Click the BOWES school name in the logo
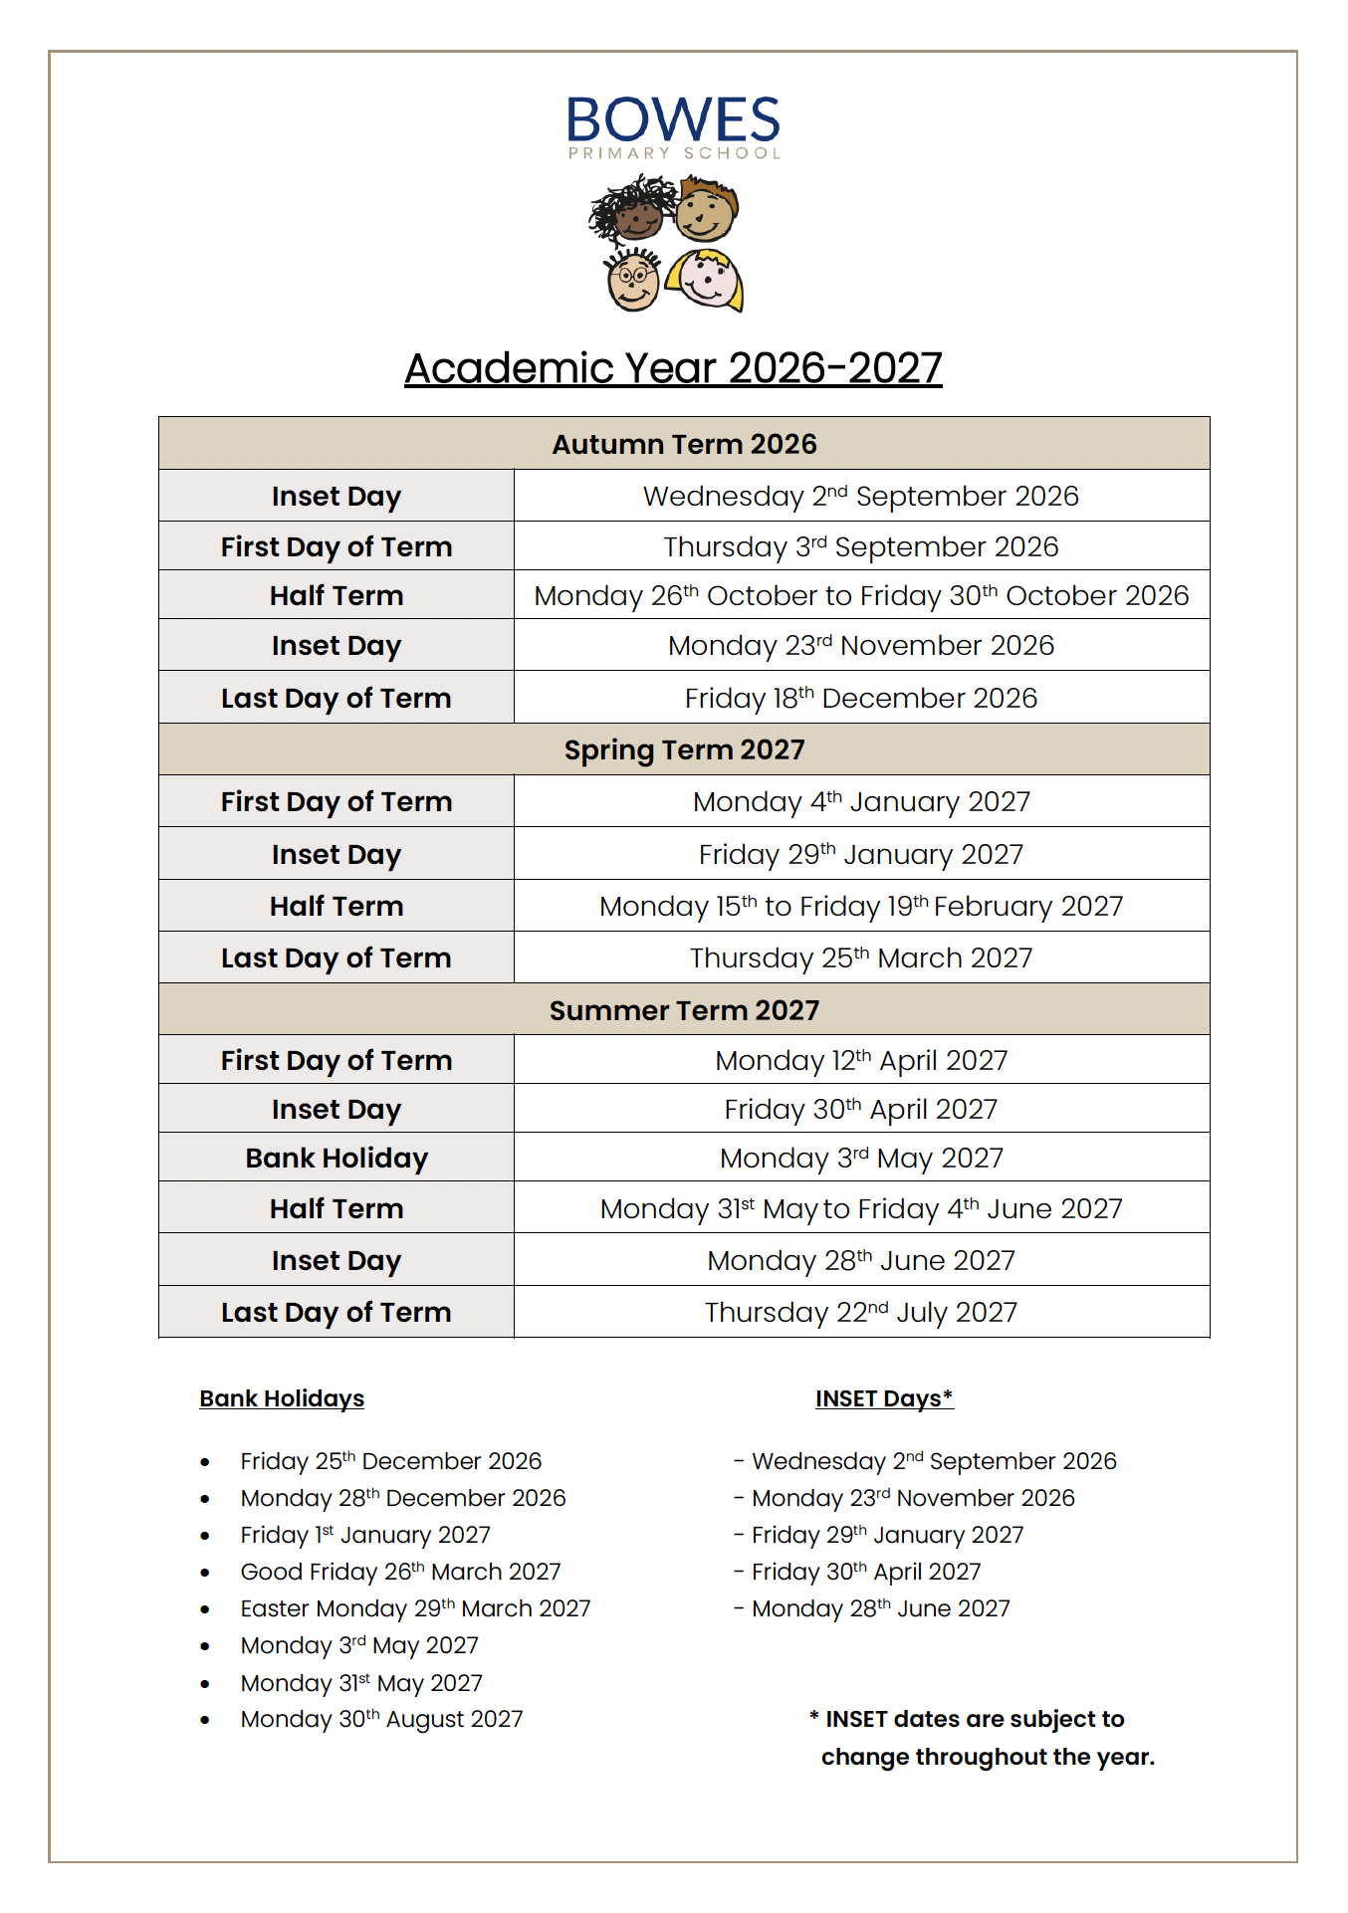pyautogui.click(x=673, y=120)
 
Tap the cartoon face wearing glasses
pyautogui.click(x=632, y=280)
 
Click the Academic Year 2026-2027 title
pyautogui.click(x=673, y=368)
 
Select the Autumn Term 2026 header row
pyautogui.click(x=684, y=444)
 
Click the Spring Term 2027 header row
pyautogui.click(x=684, y=749)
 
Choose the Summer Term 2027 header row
pyautogui.click(x=684, y=1010)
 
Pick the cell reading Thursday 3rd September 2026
pyautogui.click(x=861, y=546)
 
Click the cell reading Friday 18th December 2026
pyautogui.click(x=861, y=698)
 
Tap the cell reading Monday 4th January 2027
pyautogui.click(x=861, y=801)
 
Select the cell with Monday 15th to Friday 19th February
pyautogui.click(x=861, y=906)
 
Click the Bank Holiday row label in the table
pyautogui.click(x=337, y=1158)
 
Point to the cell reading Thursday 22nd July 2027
pyautogui.click(x=861, y=1312)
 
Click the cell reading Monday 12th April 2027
pyautogui.click(x=861, y=1060)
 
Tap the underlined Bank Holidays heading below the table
pyautogui.click(x=282, y=1398)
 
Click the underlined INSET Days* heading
pyautogui.click(x=884, y=1398)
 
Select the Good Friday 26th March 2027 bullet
pyautogui.click(x=400, y=1572)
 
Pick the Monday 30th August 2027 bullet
pyautogui.click(x=381, y=1719)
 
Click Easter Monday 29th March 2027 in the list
pyautogui.click(x=415, y=1608)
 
